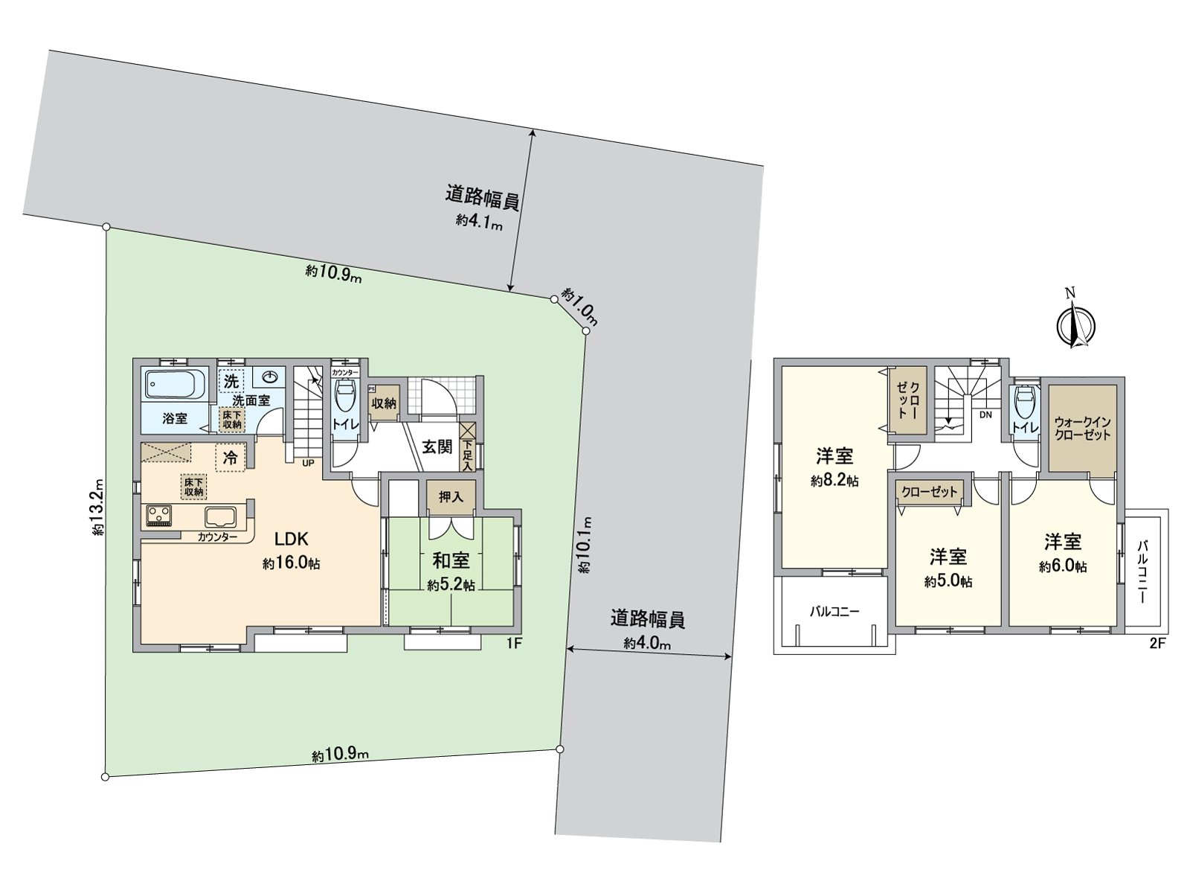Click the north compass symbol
coord(1075,324)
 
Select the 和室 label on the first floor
coord(451,560)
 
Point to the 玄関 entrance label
coord(437,446)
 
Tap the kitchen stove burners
coord(158,513)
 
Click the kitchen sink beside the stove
coord(220,516)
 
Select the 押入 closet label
coord(451,496)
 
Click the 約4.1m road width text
coord(480,221)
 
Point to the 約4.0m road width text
coord(646,643)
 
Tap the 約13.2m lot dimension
coord(97,507)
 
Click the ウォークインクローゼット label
coord(1082,428)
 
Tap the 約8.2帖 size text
coord(834,481)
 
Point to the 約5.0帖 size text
coord(948,581)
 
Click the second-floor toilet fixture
coord(1024,404)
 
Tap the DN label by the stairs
coord(985,415)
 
